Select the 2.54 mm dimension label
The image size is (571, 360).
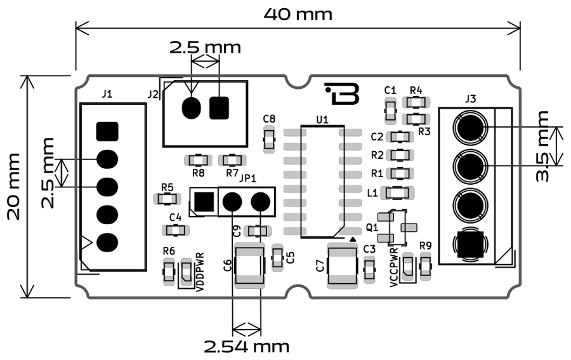click(246, 347)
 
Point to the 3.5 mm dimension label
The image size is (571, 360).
click(542, 147)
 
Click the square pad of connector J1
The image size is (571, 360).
click(107, 131)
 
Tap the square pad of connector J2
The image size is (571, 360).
click(219, 107)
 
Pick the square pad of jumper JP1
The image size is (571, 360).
click(204, 202)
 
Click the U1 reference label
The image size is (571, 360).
click(322, 119)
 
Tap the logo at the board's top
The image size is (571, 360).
click(343, 93)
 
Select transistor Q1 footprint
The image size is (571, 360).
click(398, 227)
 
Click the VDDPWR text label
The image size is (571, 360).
click(200, 272)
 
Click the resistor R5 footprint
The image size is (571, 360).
click(167, 199)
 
